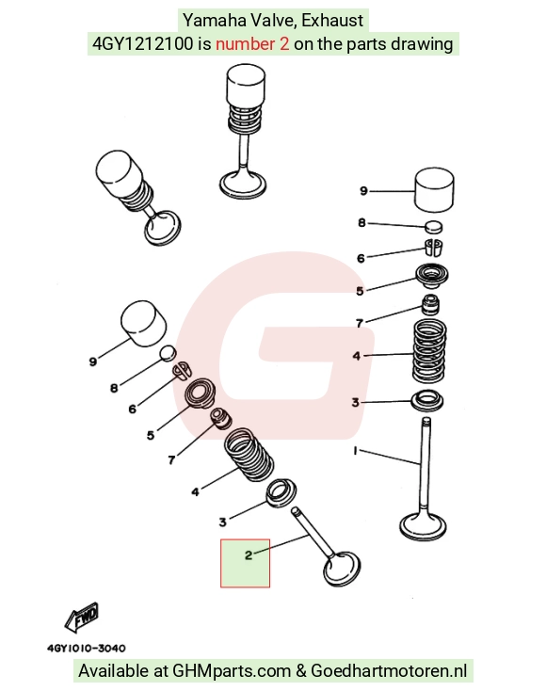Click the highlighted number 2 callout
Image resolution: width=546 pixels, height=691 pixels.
(249, 554)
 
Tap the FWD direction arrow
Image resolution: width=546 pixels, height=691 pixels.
(82, 617)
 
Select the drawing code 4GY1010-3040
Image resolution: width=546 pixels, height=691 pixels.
(87, 649)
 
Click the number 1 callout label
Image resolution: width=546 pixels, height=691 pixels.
(355, 450)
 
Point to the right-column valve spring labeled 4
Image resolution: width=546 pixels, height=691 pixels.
(429, 350)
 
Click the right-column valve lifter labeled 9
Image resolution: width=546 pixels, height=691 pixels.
(435, 189)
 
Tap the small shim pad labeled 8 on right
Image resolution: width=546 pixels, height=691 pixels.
(434, 227)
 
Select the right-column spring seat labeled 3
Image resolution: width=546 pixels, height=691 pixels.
(427, 401)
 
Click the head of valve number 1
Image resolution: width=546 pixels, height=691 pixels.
(424, 526)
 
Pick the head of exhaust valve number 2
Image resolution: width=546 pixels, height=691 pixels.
(342, 570)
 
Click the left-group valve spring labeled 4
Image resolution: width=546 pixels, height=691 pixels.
(249, 455)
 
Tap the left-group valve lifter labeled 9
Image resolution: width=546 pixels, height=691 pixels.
(144, 323)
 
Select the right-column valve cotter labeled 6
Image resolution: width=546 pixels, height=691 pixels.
(433, 248)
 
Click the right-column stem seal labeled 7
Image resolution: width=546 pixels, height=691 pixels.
(430, 304)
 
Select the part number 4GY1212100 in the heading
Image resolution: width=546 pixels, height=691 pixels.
(143, 43)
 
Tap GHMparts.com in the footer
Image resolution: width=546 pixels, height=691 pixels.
(232, 671)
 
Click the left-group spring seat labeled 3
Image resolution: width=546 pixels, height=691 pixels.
(281, 491)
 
